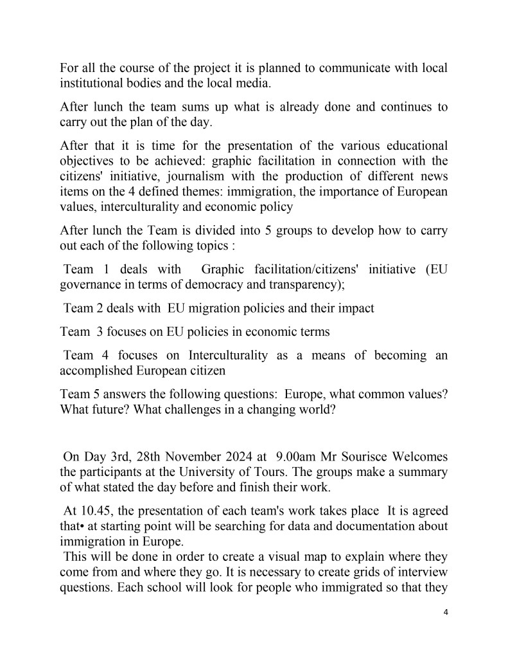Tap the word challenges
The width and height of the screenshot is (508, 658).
click(x=200, y=408)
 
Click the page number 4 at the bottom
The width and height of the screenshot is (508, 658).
click(x=446, y=612)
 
